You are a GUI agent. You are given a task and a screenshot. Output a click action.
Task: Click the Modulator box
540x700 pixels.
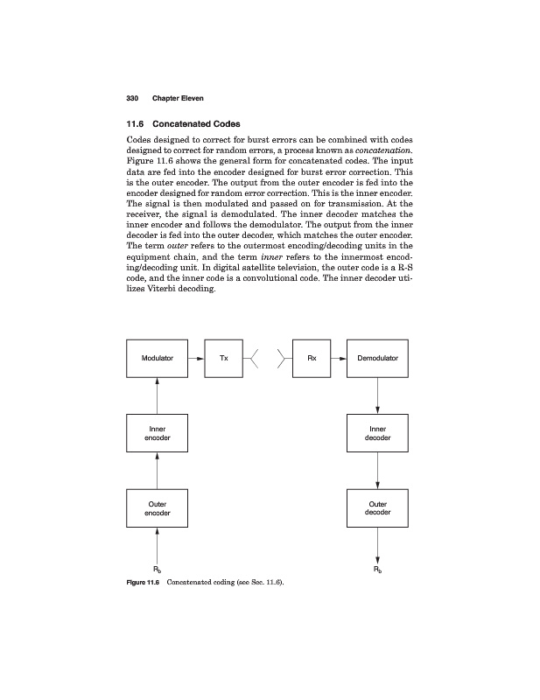point(157,358)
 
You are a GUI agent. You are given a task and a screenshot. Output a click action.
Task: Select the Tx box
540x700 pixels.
point(222,358)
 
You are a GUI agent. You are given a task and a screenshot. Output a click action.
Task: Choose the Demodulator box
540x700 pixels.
point(377,358)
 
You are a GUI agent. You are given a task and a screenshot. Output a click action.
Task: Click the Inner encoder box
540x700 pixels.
point(158,433)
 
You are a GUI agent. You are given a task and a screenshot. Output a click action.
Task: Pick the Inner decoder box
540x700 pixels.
point(377,433)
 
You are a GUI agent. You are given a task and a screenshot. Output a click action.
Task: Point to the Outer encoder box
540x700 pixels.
point(158,508)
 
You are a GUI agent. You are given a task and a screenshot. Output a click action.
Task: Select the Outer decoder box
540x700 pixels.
point(377,508)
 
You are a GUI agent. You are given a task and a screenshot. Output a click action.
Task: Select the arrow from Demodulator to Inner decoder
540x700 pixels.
point(377,396)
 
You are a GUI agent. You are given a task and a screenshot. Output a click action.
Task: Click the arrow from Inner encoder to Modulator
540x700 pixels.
point(158,396)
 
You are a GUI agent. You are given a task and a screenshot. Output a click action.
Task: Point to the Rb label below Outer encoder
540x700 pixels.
point(158,570)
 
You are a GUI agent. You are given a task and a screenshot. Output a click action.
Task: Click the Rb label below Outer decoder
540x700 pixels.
point(377,570)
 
